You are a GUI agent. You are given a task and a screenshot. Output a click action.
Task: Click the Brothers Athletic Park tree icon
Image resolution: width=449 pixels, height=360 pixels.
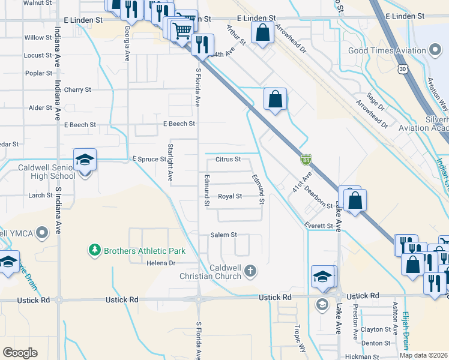point(94,250)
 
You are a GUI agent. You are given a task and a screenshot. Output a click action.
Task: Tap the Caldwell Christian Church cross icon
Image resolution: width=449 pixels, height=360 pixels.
point(252,272)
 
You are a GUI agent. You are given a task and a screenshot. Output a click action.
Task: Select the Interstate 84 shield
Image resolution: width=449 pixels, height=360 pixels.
point(306,160)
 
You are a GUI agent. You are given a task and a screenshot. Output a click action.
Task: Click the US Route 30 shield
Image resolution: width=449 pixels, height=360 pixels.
point(402,70)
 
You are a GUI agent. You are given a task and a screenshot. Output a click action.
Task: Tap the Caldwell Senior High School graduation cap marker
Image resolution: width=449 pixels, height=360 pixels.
point(85,160)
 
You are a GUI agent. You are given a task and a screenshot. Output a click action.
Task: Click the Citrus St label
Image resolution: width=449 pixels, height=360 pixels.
point(228,160)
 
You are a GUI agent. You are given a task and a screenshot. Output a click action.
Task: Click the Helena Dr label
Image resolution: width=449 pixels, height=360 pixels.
point(160,263)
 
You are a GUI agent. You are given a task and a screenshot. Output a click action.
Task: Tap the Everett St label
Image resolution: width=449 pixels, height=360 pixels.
point(318,226)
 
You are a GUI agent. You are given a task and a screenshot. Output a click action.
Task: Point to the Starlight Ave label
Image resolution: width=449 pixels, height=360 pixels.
point(170,167)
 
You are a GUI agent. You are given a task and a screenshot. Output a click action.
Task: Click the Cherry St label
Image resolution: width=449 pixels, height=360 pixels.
point(77,89)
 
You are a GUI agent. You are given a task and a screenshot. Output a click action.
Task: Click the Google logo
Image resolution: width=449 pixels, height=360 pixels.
point(20,353)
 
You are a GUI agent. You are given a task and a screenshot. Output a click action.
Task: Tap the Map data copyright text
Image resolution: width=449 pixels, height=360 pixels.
point(423,355)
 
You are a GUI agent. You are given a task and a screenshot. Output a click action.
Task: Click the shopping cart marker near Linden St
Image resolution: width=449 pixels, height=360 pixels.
point(182,29)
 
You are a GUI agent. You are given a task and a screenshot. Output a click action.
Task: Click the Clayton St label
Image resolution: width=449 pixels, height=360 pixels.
point(376,329)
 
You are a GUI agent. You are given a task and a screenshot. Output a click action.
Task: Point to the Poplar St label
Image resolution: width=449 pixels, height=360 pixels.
point(39,73)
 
